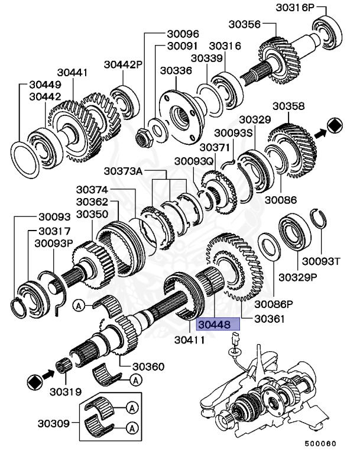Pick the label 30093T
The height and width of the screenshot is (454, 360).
point(323,260)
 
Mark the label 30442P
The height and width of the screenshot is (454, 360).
point(124,64)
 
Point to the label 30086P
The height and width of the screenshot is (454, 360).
point(274,305)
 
